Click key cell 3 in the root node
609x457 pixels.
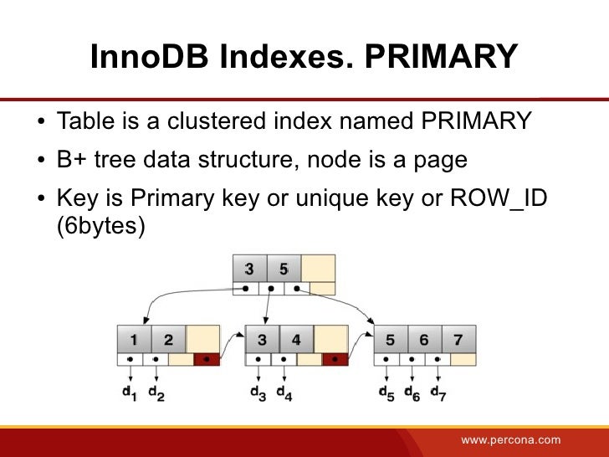point(249,269)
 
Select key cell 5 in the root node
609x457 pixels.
point(284,269)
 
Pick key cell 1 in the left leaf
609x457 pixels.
point(134,340)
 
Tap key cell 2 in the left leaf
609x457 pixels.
point(168,340)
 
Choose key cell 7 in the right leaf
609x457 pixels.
point(458,340)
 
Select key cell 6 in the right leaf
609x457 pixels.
point(424,340)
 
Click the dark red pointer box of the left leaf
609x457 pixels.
point(206,360)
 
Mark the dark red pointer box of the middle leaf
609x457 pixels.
point(335,360)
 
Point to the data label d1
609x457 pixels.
point(130,393)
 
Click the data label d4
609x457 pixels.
point(284,393)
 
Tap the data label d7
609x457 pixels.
point(438,393)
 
